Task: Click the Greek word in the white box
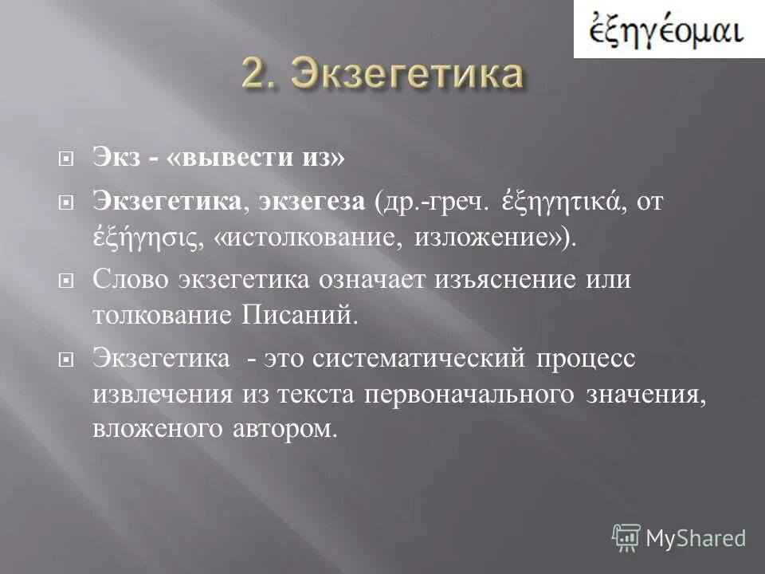[x=666, y=31]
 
